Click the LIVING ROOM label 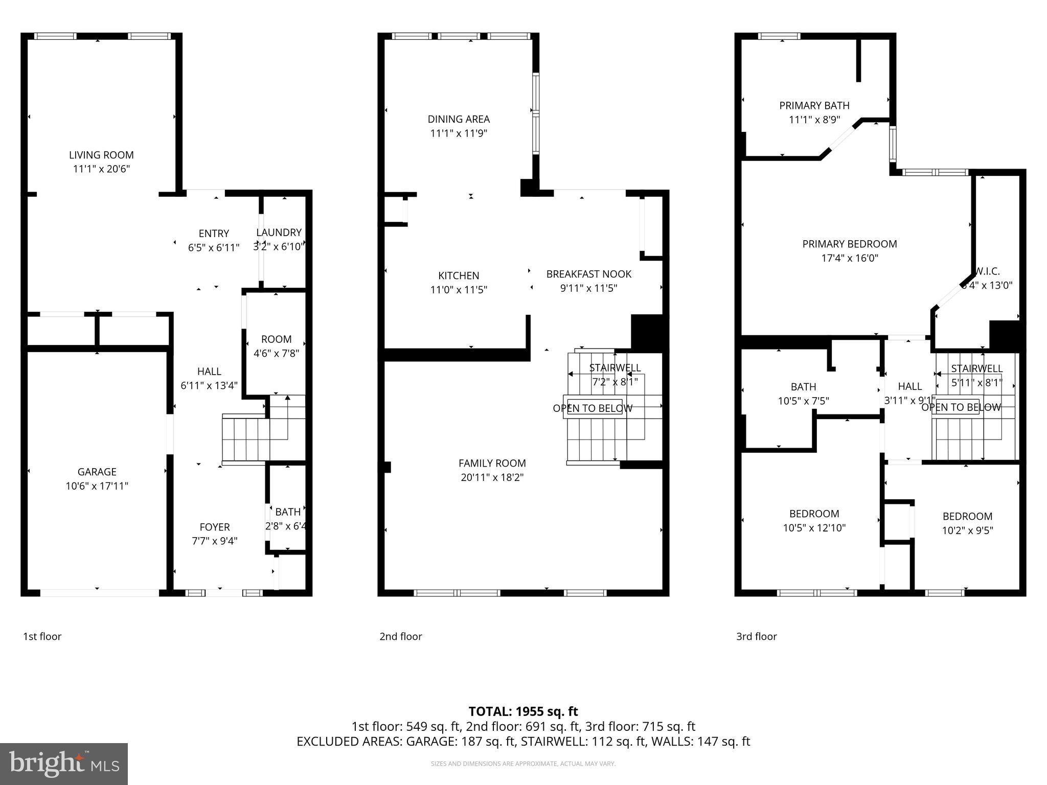(x=101, y=155)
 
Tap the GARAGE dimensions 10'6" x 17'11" (x=97, y=486)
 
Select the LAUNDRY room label (x=279, y=233)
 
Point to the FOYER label (x=214, y=527)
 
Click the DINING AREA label (x=459, y=119)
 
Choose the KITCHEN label (x=459, y=275)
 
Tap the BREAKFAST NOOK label (x=588, y=274)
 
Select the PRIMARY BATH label (x=814, y=105)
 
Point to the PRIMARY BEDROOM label (x=849, y=244)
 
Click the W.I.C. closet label (x=987, y=271)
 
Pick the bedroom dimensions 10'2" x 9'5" (x=967, y=530)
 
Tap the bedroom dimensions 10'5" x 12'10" (x=814, y=528)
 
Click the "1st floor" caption (x=42, y=636)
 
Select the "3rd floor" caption (x=756, y=636)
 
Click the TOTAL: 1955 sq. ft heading (x=523, y=711)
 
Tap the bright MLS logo (x=63, y=764)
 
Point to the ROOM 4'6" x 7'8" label (x=276, y=339)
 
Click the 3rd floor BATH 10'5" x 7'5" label (x=803, y=387)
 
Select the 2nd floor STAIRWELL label (x=614, y=368)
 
